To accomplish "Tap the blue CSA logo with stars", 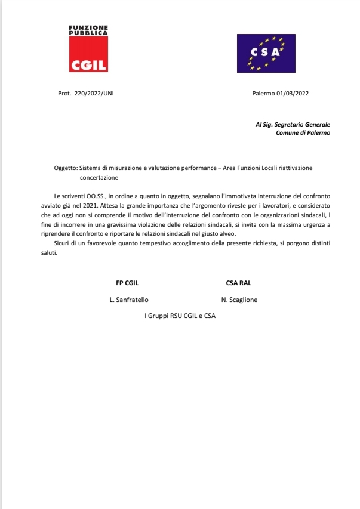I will pos(266,53).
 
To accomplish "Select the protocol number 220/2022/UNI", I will pos(94,94).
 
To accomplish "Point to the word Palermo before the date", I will pos(263,94).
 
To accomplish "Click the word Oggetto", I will pos(65,168).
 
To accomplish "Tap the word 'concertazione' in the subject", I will pos(99,177).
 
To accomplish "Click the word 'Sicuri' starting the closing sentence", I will pos(55,243).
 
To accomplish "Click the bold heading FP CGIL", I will pos(127,283).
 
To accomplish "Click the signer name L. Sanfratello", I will pos(128,300).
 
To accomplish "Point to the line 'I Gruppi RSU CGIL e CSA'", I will pos(180,315).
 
